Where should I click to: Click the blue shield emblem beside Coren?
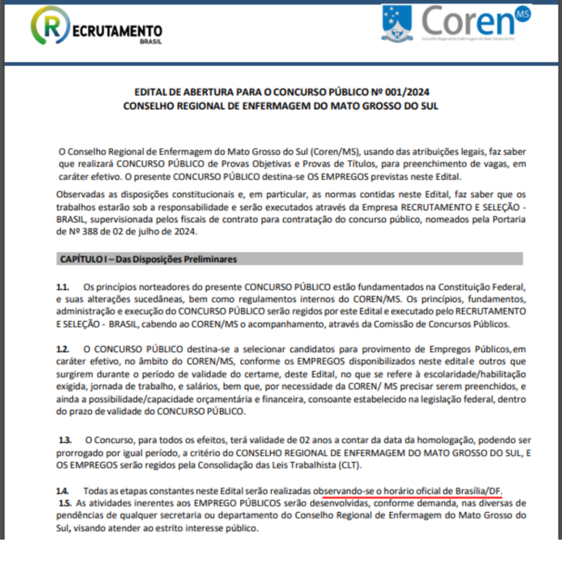click(397, 23)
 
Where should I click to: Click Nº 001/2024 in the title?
click(394, 92)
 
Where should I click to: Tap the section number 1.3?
click(65, 440)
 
